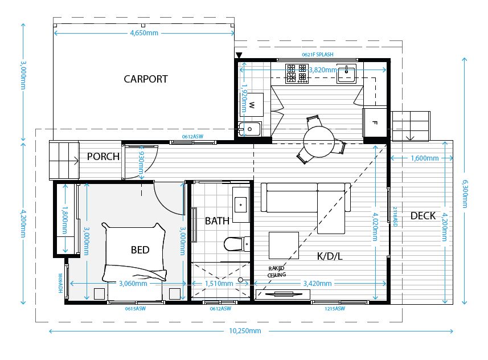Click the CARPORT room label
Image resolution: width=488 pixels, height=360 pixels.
pyautogui.click(x=146, y=79)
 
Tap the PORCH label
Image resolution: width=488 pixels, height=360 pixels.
pyautogui.click(x=103, y=157)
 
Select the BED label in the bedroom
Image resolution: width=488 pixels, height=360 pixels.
pyautogui.click(x=140, y=250)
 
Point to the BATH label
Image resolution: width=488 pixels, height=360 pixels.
pyautogui.click(x=217, y=220)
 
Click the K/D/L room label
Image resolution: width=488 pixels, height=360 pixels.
pyautogui.click(x=330, y=256)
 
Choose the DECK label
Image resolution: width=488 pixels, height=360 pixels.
pyautogui.click(x=423, y=216)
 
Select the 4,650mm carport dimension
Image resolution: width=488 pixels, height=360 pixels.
pyautogui.click(x=144, y=33)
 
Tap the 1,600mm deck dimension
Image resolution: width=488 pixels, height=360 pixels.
pyautogui.click(x=424, y=158)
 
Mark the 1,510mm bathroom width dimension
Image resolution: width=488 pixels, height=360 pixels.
pyautogui.click(x=219, y=283)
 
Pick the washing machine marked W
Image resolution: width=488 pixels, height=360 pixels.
pyautogui.click(x=252, y=105)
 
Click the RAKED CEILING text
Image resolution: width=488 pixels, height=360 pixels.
pyautogui.click(x=277, y=272)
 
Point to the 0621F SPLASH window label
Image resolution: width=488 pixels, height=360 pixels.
pyautogui.click(x=318, y=55)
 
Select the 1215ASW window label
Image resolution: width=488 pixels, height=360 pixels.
pyautogui.click(x=336, y=308)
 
